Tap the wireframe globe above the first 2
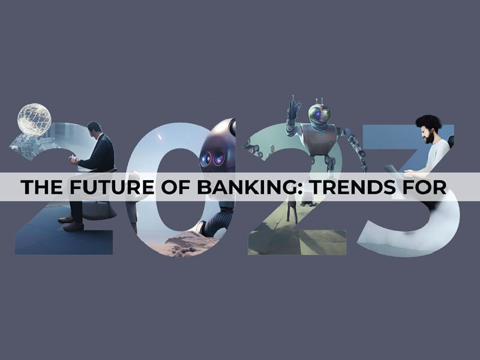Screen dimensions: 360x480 point(34,119)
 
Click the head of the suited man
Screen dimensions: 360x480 point(94,130)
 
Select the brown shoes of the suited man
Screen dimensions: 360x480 point(71,223)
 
